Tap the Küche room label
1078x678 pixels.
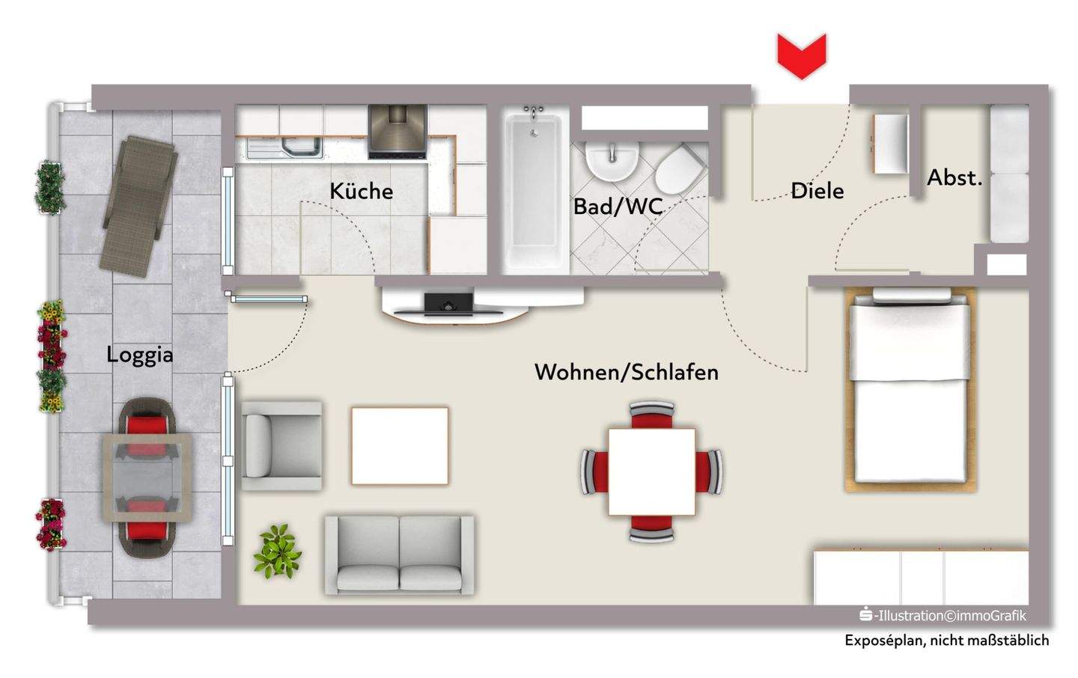tap(361, 191)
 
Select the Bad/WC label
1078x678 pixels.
tap(618, 206)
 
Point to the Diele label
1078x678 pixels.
tap(817, 191)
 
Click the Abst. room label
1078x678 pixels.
tap(954, 178)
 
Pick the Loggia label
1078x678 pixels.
tap(140, 354)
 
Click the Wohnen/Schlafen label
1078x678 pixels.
tap(626, 372)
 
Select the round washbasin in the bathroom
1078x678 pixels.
tap(612, 160)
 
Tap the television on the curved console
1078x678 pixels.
tap(448, 303)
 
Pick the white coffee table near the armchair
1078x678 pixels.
tap(400, 445)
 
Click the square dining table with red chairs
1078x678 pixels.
tap(651, 471)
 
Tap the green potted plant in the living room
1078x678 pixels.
tap(278, 552)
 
